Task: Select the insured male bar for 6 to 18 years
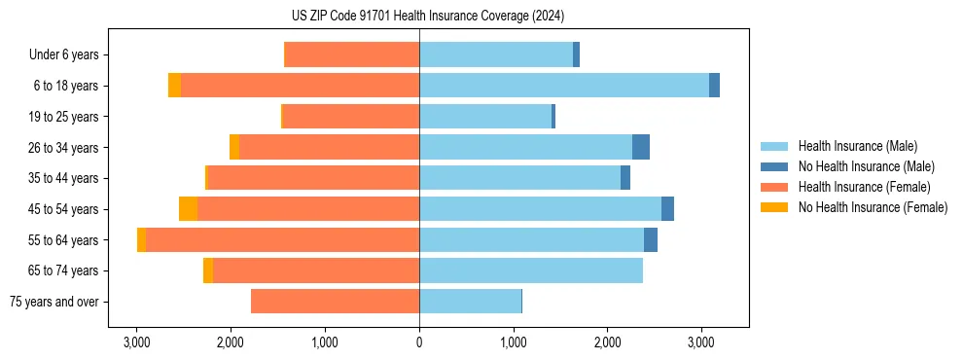564,86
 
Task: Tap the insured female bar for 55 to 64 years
282,239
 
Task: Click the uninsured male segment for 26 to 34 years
641,147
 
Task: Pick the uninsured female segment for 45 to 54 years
188,208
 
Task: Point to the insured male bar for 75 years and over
470,302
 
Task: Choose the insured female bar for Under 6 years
351,54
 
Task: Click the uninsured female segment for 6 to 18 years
174,86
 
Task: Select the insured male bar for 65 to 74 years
531,270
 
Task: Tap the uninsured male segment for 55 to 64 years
651,239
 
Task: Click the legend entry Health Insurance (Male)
857,146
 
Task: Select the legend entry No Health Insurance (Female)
873,207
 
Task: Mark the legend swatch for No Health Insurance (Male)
774,166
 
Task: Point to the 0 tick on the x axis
419,342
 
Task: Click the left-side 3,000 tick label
136,342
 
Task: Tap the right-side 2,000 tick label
607,342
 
